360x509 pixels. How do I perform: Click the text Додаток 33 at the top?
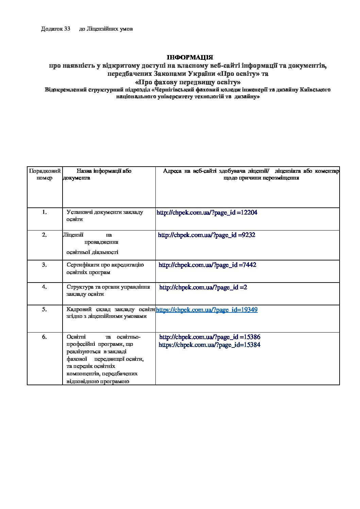(55, 29)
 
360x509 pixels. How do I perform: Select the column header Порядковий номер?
(45, 174)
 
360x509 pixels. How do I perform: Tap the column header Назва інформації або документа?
(104, 174)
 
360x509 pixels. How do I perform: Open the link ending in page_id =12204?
(207, 213)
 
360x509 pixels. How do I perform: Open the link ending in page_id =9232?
(207, 235)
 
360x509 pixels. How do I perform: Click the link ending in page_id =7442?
(207, 265)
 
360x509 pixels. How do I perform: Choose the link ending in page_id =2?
(203, 287)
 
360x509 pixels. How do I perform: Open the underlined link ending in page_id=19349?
(207, 310)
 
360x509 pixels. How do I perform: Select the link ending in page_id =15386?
(210, 337)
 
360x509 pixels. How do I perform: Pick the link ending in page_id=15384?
(209, 345)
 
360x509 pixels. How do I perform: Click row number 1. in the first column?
(45, 212)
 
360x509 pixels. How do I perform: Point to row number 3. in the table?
(45, 265)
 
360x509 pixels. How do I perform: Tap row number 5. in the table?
(45, 309)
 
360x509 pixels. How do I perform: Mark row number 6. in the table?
(45, 337)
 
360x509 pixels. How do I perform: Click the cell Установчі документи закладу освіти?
(105, 216)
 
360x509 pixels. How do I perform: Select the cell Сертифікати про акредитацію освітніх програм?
(105, 269)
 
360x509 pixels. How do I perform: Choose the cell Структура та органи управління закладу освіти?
(108, 290)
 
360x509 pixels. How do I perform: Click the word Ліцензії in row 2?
(73, 235)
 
